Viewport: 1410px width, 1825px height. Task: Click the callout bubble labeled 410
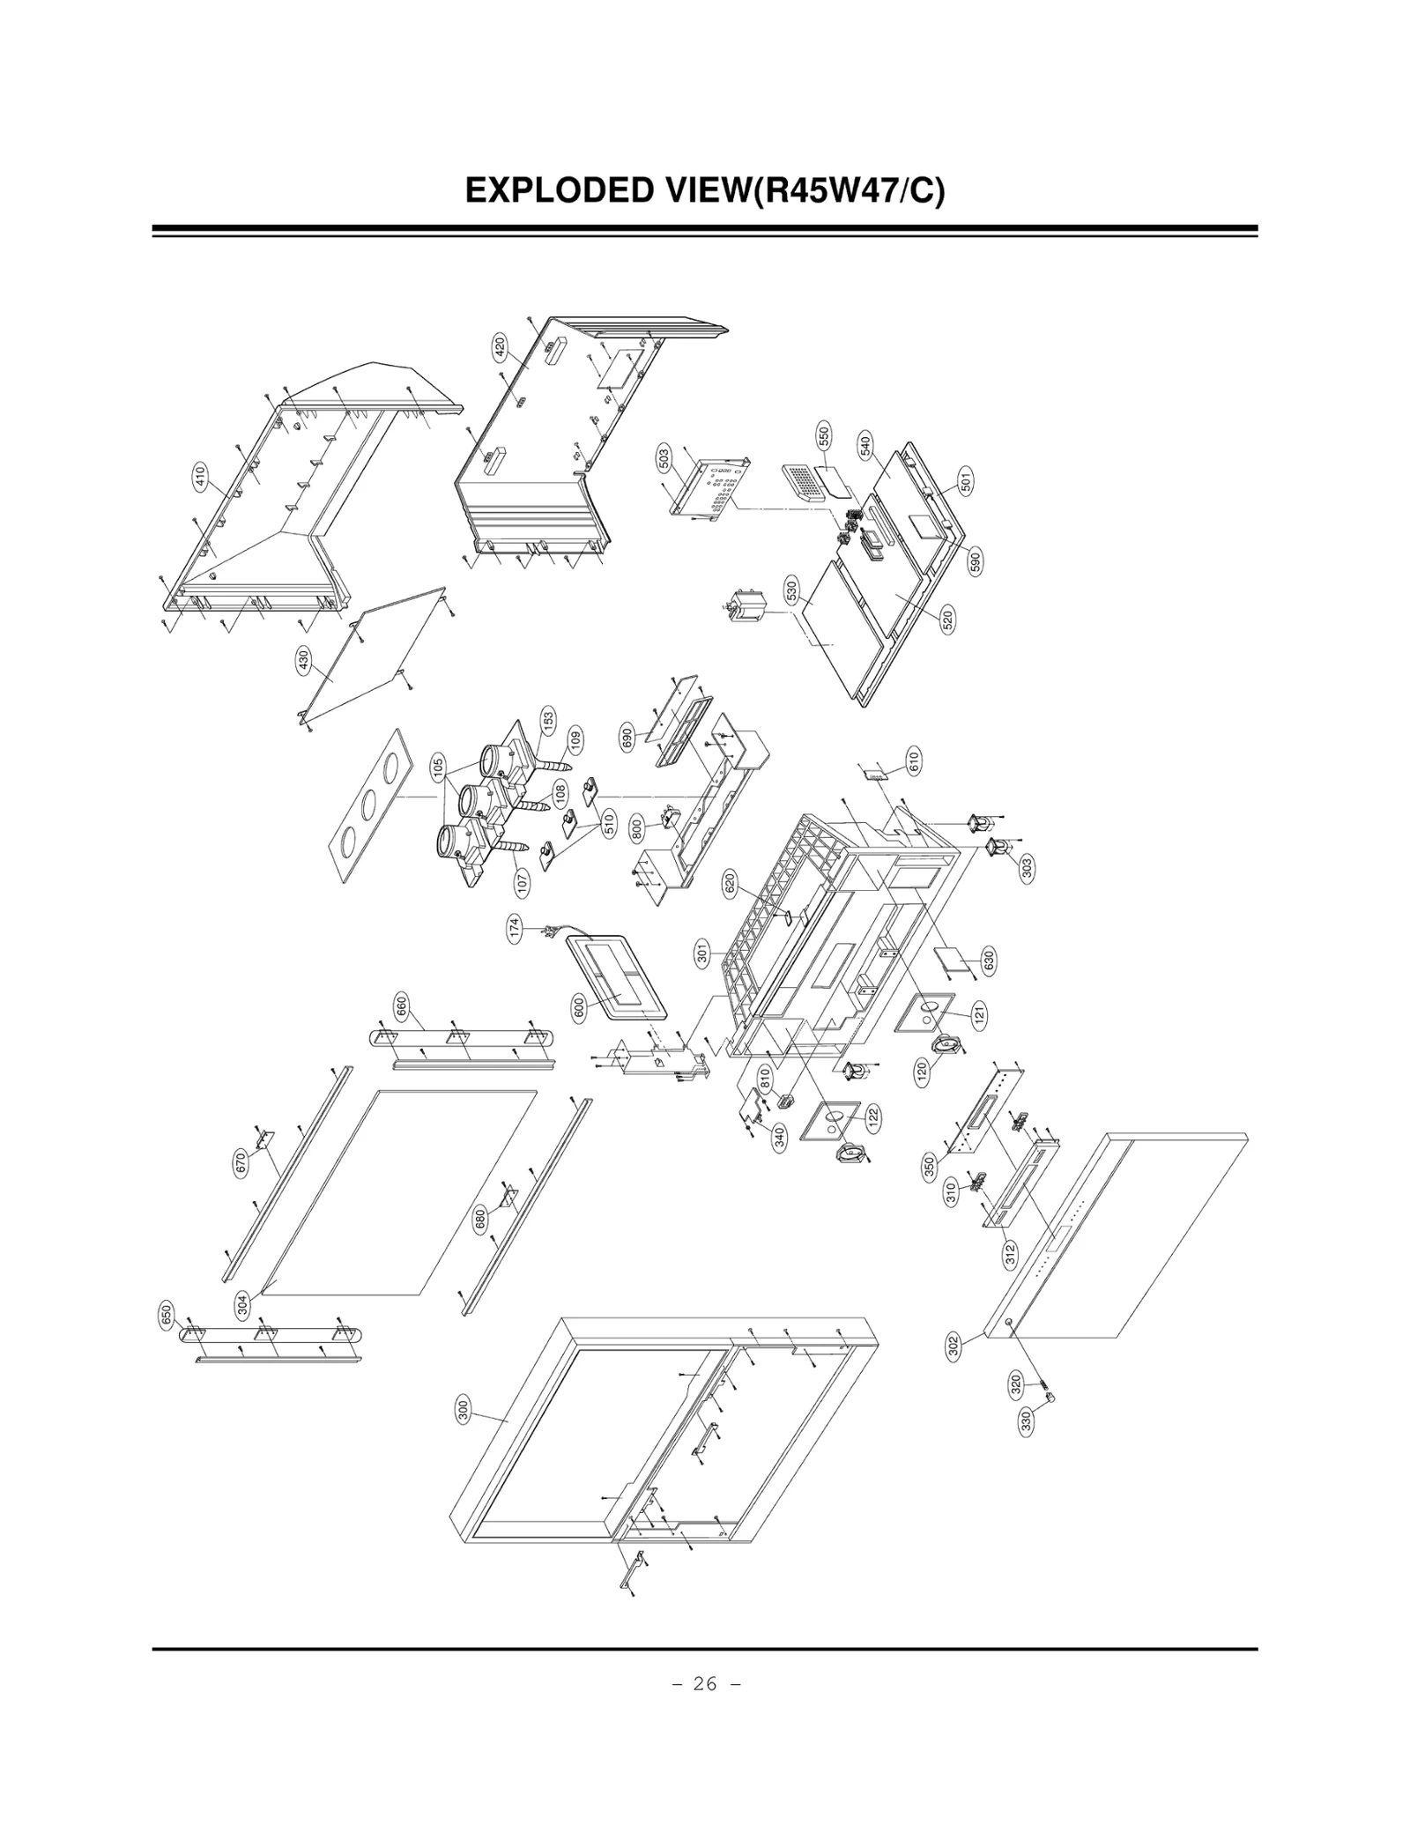200,477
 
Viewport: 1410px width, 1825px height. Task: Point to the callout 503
664,457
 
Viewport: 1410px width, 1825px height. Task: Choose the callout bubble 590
975,561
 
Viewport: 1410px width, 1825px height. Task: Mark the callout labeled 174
514,930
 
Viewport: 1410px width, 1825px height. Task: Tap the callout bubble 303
1026,868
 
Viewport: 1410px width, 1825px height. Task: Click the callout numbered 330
1025,1423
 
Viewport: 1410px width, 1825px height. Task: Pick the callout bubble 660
402,1005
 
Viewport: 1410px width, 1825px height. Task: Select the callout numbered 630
988,959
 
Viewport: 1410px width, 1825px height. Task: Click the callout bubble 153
548,722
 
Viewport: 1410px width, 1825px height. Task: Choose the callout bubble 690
627,737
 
